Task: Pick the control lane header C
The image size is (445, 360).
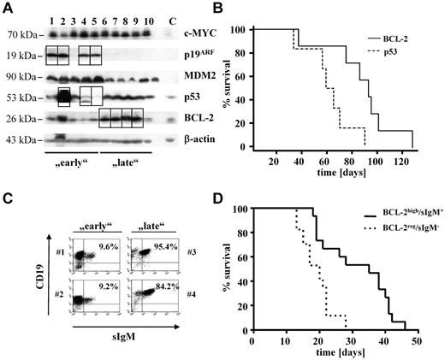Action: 173,19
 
